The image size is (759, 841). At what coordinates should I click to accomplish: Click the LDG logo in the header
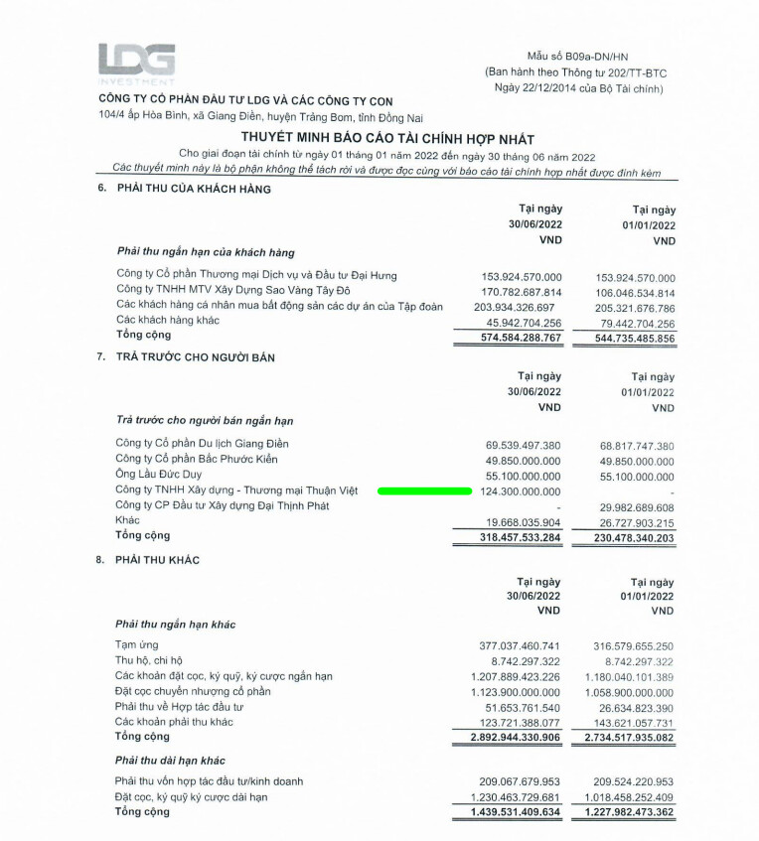pyautogui.click(x=136, y=62)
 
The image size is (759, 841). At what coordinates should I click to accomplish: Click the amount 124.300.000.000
pyautogui.click(x=521, y=491)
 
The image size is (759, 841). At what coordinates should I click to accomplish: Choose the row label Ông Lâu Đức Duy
pyautogui.click(x=160, y=475)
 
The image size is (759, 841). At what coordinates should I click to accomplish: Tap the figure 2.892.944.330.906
pyautogui.click(x=516, y=738)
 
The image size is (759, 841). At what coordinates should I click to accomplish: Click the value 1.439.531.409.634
pyautogui.click(x=516, y=812)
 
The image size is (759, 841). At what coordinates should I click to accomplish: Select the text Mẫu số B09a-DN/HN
pyautogui.click(x=576, y=57)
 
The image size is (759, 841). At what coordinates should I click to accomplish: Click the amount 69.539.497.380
pyautogui.click(x=524, y=445)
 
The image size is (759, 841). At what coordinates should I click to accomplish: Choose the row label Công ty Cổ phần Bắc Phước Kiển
pyautogui.click(x=197, y=459)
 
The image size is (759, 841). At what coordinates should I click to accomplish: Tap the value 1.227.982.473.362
pyautogui.click(x=628, y=812)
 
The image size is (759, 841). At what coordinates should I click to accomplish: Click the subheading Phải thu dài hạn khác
pyautogui.click(x=171, y=761)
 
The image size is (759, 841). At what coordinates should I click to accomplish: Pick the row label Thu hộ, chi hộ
pyautogui.click(x=149, y=660)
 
